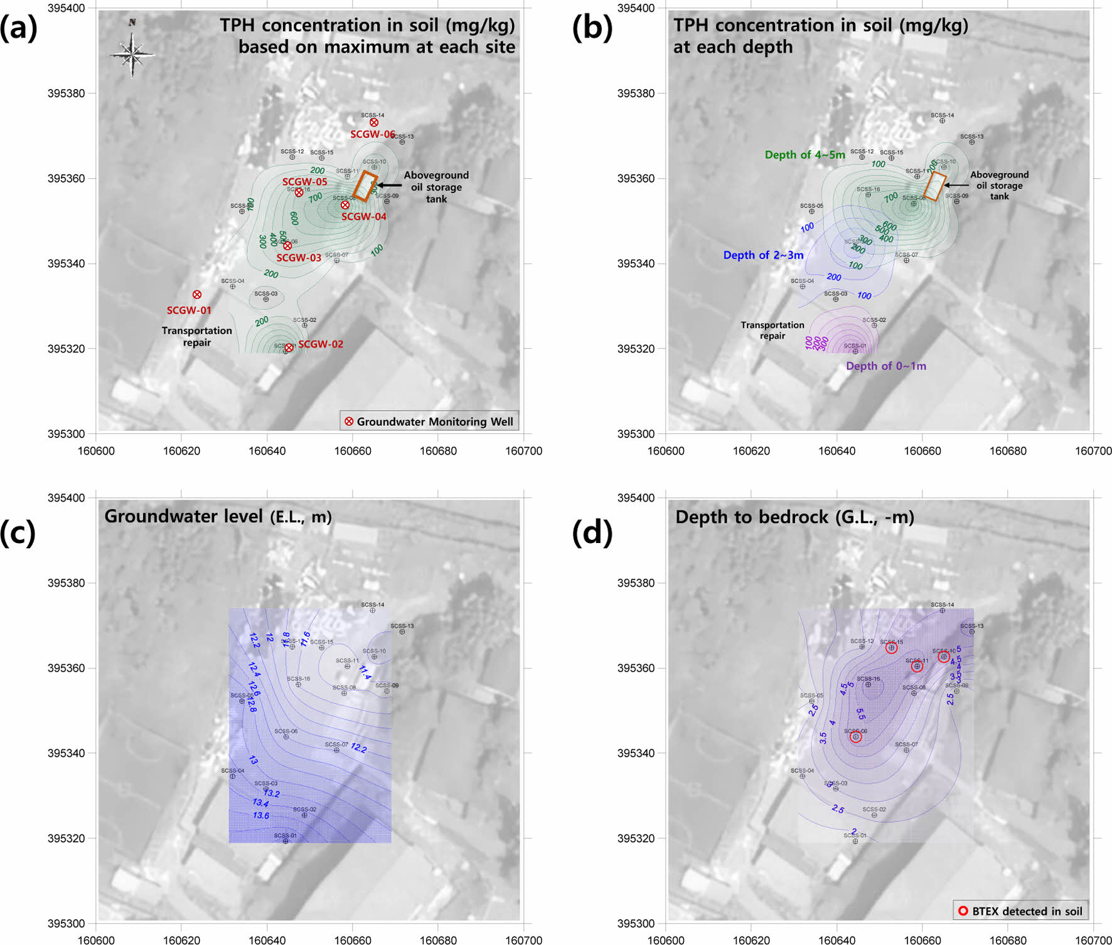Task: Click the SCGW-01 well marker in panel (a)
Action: point(197,295)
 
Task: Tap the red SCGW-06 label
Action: point(372,134)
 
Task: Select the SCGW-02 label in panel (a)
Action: point(320,344)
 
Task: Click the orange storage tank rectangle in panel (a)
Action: point(365,186)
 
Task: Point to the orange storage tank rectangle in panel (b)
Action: point(934,186)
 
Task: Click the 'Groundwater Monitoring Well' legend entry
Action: point(429,421)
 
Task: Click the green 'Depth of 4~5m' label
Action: point(805,155)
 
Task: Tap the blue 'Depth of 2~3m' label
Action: point(763,255)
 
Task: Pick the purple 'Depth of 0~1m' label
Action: point(885,366)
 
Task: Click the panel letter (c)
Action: point(18,532)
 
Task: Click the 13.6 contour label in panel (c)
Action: point(261,815)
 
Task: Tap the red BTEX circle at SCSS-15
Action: point(891,648)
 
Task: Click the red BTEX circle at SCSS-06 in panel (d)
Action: point(855,737)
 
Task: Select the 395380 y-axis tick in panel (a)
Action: point(67,93)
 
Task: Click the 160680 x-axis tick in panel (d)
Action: point(1008,940)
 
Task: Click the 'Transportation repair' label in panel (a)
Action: point(196,337)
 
